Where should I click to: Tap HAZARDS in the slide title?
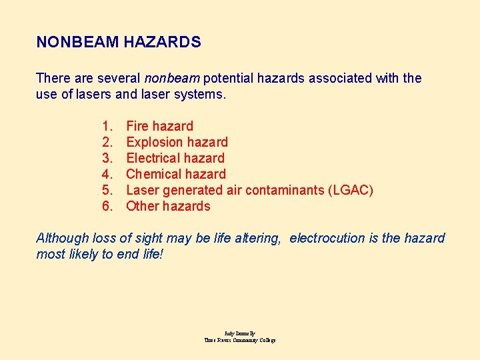[162, 42]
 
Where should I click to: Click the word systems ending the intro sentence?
[201, 94]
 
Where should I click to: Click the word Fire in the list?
[137, 126]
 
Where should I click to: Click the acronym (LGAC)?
[351, 190]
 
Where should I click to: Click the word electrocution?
[328, 238]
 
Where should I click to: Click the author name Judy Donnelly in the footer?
[240, 333]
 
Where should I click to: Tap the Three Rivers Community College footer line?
[240, 340]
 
